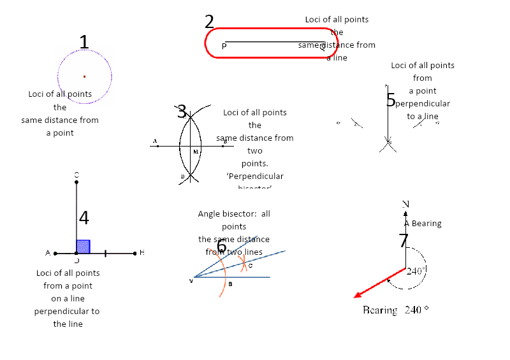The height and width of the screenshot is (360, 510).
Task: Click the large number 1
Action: point(84,42)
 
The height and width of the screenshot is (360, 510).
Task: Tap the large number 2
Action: point(209,22)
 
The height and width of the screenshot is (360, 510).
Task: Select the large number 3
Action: point(182,112)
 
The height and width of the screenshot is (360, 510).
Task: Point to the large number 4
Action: point(84,218)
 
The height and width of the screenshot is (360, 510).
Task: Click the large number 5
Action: point(391,100)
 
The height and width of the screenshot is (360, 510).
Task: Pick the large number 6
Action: point(221,247)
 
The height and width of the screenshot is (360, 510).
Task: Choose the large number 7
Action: point(403,241)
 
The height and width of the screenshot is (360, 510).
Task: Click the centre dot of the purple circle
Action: point(84,76)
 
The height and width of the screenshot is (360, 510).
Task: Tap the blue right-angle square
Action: point(83,247)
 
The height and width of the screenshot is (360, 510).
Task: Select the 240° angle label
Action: point(416,271)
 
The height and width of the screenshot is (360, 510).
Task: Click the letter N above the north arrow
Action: point(405,204)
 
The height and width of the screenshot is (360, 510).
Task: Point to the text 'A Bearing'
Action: point(423,224)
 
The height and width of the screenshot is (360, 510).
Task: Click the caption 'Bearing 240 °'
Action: point(395,310)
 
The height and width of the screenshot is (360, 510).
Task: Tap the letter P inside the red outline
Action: point(224,46)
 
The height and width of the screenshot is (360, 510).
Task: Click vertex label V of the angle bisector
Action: point(191,280)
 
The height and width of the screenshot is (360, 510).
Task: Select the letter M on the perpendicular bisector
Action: point(195,152)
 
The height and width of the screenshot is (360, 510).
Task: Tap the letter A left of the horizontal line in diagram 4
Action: point(48,253)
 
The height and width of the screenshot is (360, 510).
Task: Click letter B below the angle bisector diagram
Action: point(230,284)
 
